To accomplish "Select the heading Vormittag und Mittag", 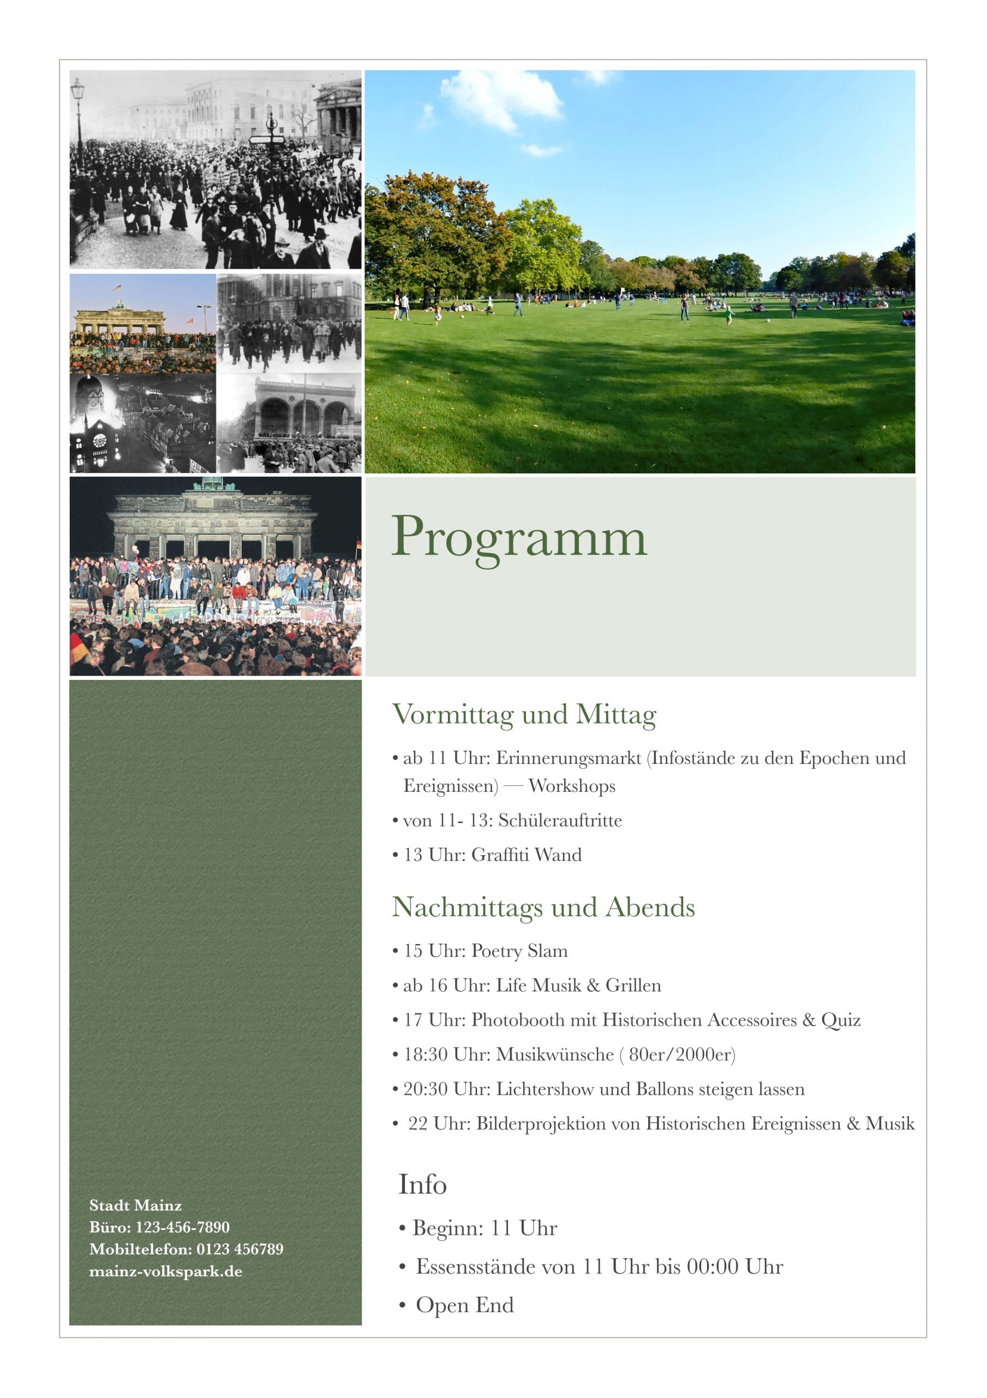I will (x=524, y=714).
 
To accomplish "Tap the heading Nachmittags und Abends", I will (x=543, y=907).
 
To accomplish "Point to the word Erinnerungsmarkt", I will (x=569, y=758).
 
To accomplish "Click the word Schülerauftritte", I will (x=560, y=821).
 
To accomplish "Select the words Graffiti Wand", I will (x=527, y=855).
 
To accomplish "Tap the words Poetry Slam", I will (x=519, y=951).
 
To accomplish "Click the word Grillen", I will (x=633, y=986).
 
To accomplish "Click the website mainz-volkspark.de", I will (x=165, y=1272).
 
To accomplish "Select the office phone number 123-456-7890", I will (x=183, y=1228).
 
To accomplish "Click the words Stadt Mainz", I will (x=135, y=1206).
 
